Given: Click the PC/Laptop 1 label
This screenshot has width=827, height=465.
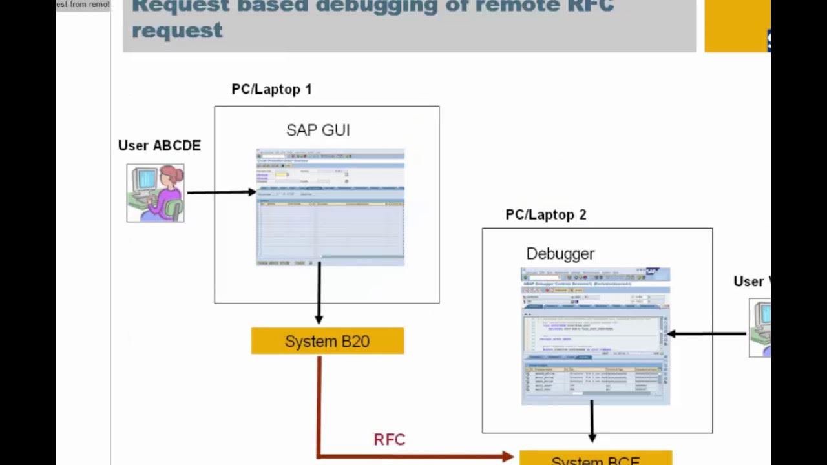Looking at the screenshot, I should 271,89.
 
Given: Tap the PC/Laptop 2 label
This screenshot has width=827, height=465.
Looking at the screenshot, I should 545,214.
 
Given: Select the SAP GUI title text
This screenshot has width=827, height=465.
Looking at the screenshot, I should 318,130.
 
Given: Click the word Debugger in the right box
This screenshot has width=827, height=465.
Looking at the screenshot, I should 560,254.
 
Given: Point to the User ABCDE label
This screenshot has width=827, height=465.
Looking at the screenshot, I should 159,146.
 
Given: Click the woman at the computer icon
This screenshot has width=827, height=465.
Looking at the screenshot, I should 156,193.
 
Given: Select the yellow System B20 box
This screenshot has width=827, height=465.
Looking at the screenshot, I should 328,341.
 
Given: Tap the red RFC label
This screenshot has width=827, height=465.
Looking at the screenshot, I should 390,440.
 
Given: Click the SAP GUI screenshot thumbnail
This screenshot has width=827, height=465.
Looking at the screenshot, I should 330,207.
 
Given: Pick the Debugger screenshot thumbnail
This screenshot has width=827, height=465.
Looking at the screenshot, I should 595,336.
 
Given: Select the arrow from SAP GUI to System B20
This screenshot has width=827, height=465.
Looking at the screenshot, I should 319,294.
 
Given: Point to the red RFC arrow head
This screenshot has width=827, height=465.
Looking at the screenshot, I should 508,457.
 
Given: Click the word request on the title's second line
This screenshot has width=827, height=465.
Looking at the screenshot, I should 177,30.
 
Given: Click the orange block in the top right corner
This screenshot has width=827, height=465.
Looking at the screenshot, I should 737,26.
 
